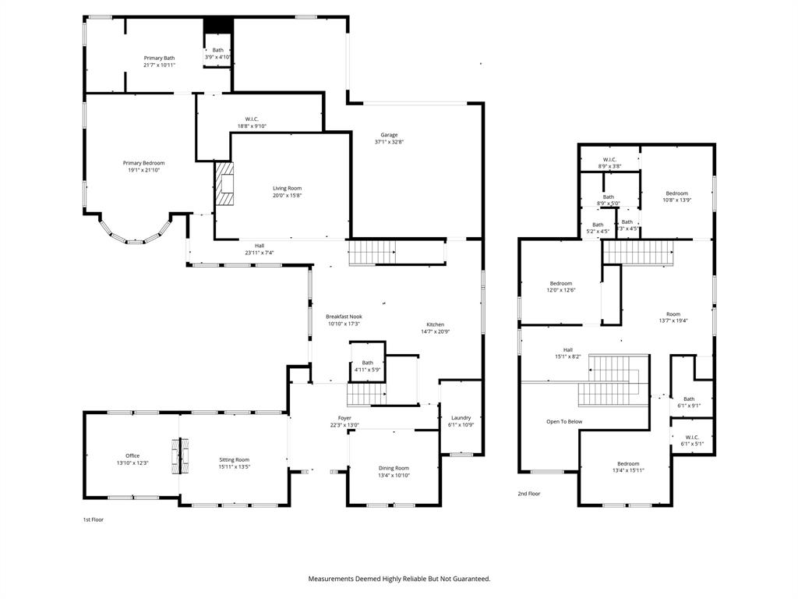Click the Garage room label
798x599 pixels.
click(x=388, y=135)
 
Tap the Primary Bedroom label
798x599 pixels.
click(x=143, y=163)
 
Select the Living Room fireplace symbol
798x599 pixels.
click(x=224, y=184)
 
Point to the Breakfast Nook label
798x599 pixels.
click(x=344, y=317)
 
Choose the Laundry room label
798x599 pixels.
click(x=460, y=418)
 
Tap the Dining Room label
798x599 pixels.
click(x=393, y=468)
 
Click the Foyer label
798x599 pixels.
click(x=344, y=418)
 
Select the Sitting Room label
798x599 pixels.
click(x=234, y=459)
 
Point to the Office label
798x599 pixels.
click(x=132, y=455)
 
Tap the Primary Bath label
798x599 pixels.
click(x=159, y=58)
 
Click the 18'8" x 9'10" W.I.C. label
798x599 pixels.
click(x=252, y=126)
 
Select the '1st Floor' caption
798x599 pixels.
click(x=93, y=519)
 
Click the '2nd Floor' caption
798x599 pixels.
click(x=528, y=494)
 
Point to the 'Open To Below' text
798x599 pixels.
click(x=563, y=422)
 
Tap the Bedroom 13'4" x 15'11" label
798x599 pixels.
click(x=628, y=463)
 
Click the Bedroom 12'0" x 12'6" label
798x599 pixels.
click(x=561, y=284)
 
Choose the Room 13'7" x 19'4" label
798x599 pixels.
click(x=673, y=314)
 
